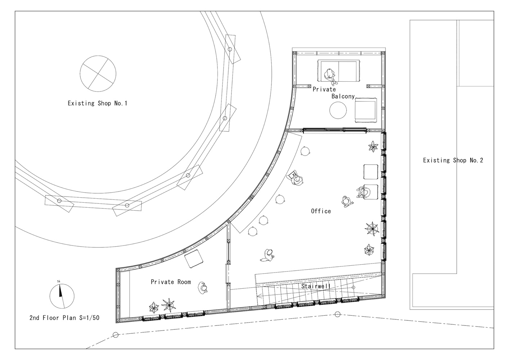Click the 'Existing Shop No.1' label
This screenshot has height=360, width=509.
point(98,103)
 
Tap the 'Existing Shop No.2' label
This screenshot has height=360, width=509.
point(453,161)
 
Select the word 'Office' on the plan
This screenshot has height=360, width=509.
point(321,211)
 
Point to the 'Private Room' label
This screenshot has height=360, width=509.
point(171,282)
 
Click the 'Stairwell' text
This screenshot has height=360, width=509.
point(316,286)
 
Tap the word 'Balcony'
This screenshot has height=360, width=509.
point(343,96)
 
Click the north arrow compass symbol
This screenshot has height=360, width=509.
point(62,296)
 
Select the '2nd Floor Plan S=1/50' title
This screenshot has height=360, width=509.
point(64,318)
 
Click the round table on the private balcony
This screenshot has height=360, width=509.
point(338,110)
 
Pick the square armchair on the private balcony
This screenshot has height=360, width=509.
point(366,110)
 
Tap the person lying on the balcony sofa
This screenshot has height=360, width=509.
point(330,76)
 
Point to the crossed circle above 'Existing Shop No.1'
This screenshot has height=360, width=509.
point(98,74)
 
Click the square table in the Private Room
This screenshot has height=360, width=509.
point(194,259)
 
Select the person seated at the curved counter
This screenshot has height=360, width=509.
point(296,178)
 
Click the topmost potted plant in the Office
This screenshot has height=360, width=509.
point(373,146)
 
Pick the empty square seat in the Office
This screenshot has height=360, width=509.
point(371,172)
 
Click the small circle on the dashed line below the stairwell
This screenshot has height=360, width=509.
point(338,314)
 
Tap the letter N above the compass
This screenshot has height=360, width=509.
point(59,282)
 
